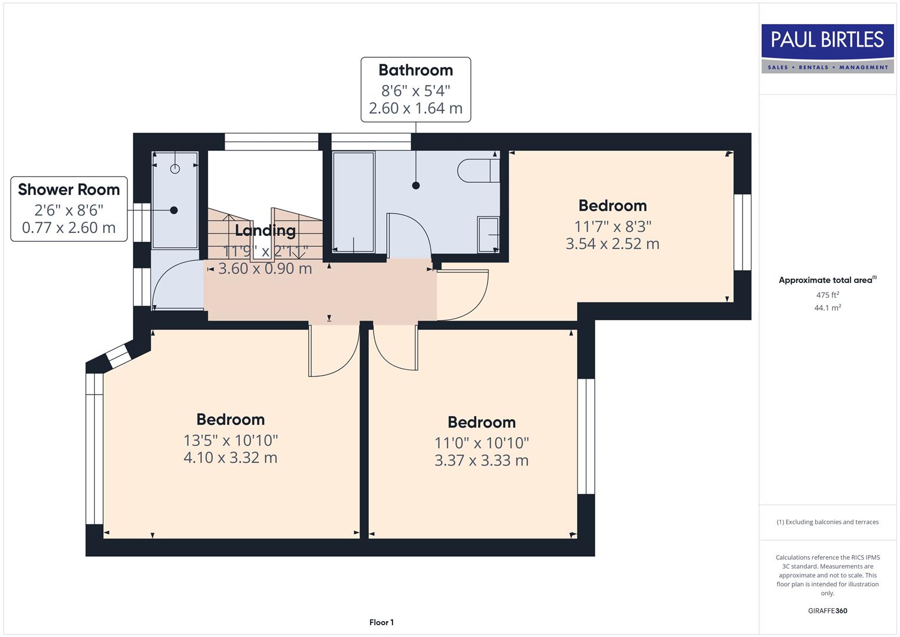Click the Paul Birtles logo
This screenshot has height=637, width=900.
[827, 48]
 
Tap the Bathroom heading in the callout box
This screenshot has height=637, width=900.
[416, 70]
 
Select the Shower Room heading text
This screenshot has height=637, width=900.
[69, 189]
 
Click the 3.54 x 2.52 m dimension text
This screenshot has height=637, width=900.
[612, 244]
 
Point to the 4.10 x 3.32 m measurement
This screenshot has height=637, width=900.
[230, 458]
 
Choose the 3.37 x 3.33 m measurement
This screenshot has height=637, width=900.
[482, 461]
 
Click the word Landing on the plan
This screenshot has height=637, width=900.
[265, 231]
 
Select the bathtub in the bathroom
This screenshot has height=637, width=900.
[353, 202]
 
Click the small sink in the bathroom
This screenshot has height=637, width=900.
[489, 234]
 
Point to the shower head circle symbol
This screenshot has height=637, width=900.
[174, 169]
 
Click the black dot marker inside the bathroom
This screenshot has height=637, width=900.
[416, 185]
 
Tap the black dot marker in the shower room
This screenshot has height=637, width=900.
[174, 210]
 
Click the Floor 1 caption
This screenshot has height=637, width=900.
[381, 622]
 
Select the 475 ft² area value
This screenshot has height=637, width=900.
[827, 295]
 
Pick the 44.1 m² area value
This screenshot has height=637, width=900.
[827, 307]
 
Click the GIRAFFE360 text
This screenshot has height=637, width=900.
[827, 610]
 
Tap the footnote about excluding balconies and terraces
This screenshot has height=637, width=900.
[827, 522]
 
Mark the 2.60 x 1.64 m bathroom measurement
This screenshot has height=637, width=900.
[416, 109]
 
